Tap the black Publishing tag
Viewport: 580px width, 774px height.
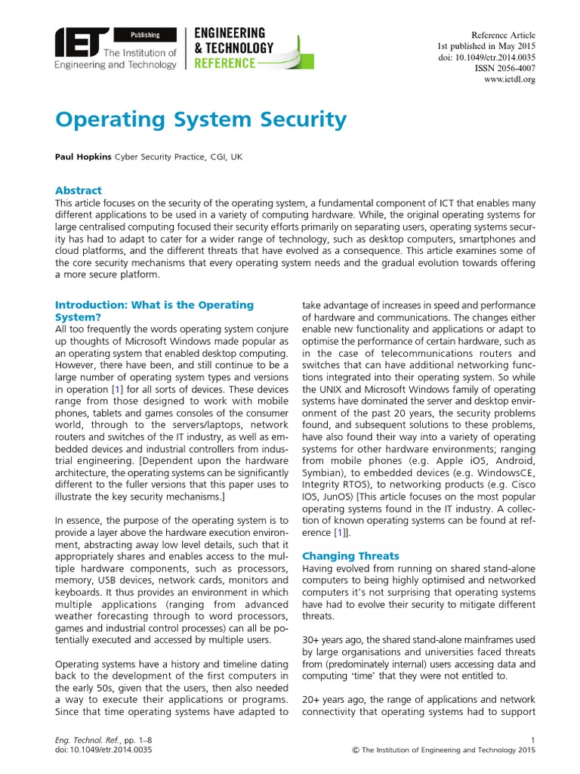coord(144,34)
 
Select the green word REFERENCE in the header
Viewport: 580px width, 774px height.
coord(225,62)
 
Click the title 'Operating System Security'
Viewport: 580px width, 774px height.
coord(201,119)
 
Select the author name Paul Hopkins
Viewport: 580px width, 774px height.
coord(83,156)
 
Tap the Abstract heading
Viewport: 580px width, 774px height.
coord(79,190)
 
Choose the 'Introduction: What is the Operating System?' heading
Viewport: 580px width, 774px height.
coord(154,311)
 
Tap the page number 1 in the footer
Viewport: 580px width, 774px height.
coord(533,739)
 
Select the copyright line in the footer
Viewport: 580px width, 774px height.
coord(444,750)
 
